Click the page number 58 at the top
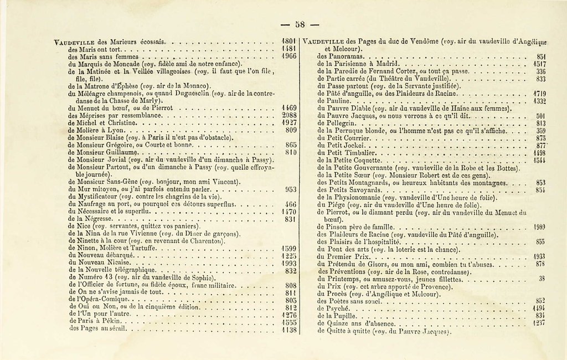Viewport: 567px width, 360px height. click(x=300, y=24)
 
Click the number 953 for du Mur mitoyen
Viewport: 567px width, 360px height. click(x=291, y=189)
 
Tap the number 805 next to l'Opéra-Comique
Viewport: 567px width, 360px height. click(x=292, y=300)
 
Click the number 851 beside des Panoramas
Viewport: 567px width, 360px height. click(x=542, y=56)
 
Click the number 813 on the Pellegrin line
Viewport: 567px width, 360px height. click(x=542, y=123)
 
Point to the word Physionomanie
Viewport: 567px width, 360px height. click(x=355, y=197)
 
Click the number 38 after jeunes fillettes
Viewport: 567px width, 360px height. click(x=542, y=279)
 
